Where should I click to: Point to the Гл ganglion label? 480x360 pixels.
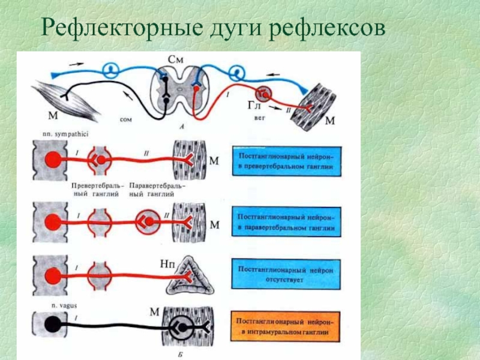(254, 106)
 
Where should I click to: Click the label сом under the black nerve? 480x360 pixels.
(125, 120)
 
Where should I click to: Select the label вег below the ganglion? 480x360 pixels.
(259, 119)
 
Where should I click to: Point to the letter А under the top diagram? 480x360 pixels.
(181, 127)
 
